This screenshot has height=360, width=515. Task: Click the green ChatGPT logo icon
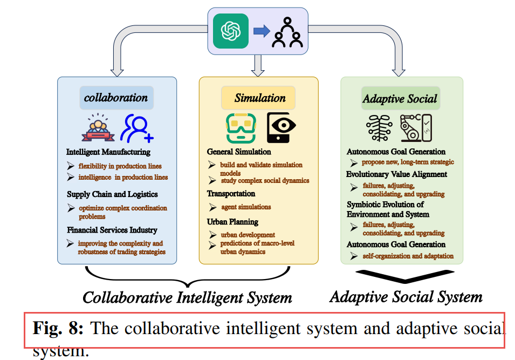point(231,31)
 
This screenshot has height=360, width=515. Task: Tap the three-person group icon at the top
point(287,32)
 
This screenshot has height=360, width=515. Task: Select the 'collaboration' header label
point(116,98)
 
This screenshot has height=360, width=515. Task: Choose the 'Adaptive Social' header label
point(400,99)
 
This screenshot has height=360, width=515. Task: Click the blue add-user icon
point(137,128)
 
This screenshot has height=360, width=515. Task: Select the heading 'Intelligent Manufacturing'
point(108,152)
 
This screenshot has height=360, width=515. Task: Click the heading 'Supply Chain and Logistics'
point(112,194)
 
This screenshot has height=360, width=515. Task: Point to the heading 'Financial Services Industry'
point(112,230)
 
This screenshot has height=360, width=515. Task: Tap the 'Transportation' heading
point(231,194)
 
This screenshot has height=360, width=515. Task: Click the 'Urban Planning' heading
point(232,222)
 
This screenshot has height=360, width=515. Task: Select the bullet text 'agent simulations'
point(246,207)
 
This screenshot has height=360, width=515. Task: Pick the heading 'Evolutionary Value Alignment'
point(396,174)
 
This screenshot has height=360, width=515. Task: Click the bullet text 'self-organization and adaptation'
point(408,256)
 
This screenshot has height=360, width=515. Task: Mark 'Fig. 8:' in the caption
point(58,329)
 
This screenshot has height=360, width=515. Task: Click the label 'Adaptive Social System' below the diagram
point(406,297)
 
